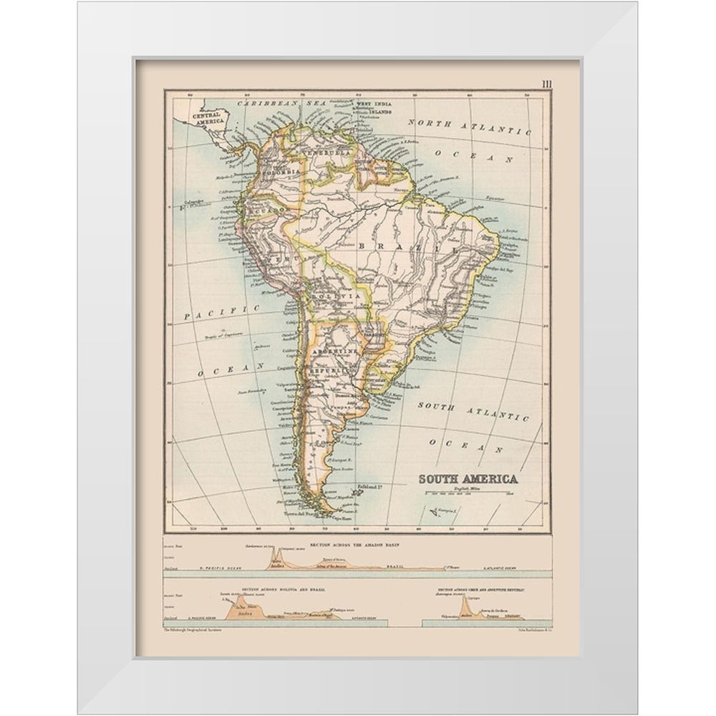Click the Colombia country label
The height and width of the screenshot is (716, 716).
pos(281,173)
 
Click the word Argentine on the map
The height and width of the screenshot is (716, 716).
pos(336,354)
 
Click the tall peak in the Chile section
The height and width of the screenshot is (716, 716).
pos(467,606)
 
